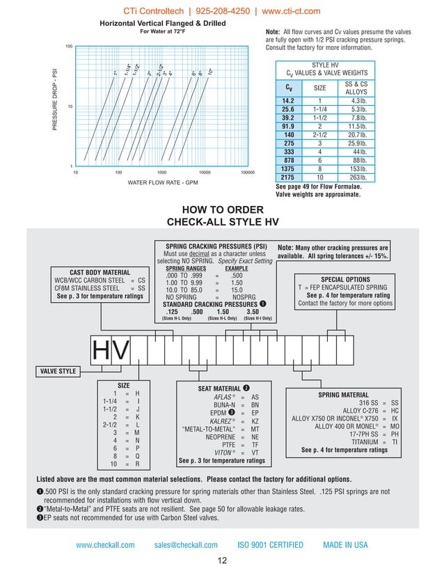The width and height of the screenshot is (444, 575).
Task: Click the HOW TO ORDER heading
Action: (x=222, y=210)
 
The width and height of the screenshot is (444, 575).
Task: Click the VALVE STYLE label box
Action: (x=57, y=371)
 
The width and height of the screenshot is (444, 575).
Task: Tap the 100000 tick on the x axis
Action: (x=247, y=171)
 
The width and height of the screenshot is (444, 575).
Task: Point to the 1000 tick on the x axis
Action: (x=161, y=171)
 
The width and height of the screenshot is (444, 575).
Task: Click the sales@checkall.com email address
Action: (x=186, y=545)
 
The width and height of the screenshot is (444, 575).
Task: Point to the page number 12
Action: (x=222, y=561)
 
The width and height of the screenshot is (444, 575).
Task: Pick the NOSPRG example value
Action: (x=237, y=297)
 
